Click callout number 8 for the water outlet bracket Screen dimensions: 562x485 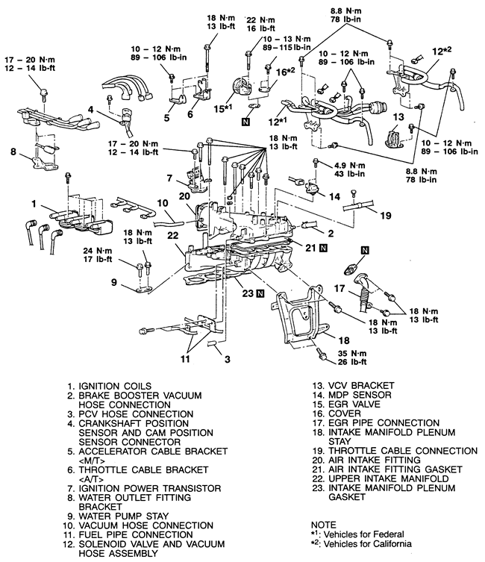(x=13, y=154)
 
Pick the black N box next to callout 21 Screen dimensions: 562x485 (x=324, y=246)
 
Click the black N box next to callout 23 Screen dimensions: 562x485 (x=260, y=294)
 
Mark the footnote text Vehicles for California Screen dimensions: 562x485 (x=373, y=544)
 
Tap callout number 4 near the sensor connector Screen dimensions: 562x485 (x=90, y=110)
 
